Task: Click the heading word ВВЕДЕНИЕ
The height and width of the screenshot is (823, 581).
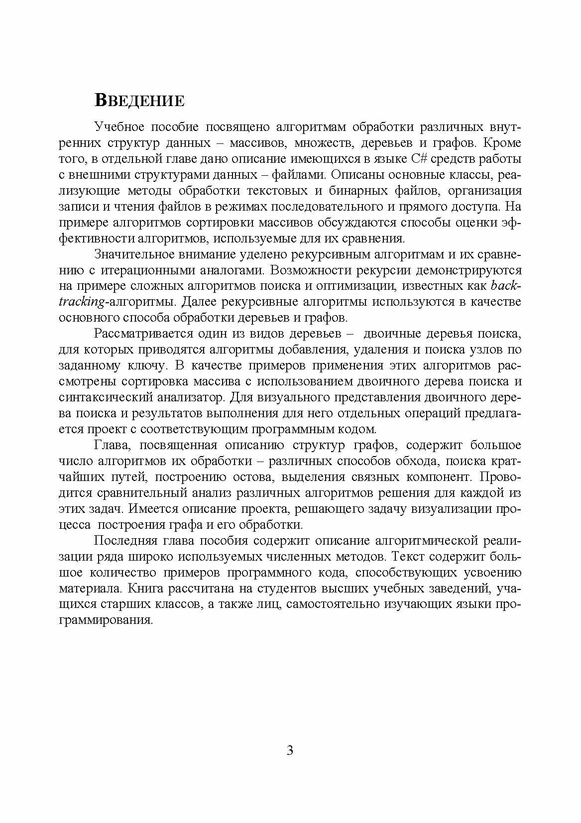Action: tap(139, 101)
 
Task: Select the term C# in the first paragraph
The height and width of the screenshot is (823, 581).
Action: tap(419, 159)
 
